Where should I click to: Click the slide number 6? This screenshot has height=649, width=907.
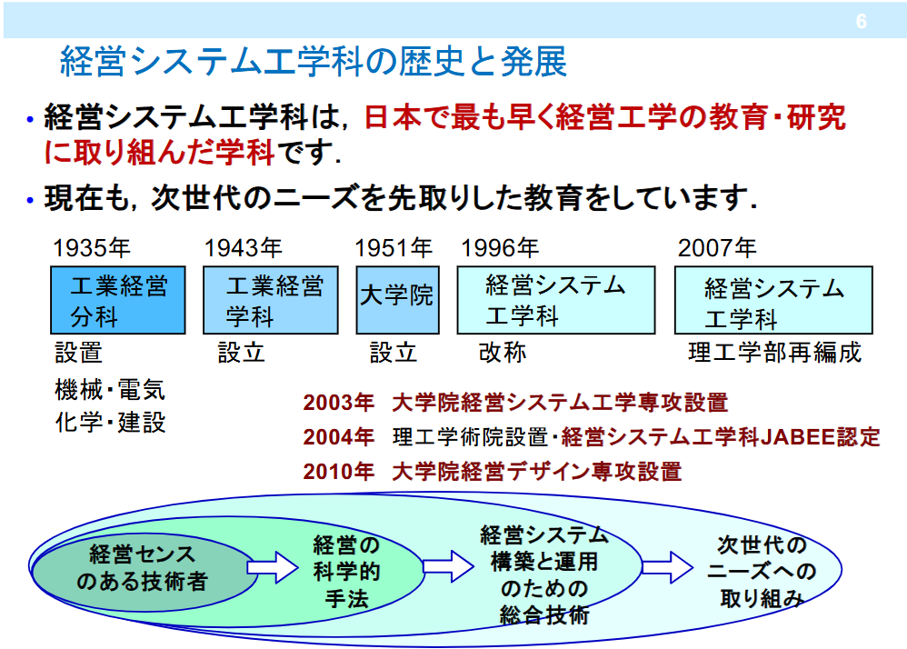click(x=861, y=22)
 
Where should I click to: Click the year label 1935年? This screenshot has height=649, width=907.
click(x=91, y=247)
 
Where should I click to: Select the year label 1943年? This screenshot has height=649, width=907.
click(x=244, y=247)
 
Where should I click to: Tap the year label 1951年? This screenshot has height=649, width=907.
click(x=394, y=247)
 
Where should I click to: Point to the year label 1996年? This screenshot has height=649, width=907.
click(x=500, y=247)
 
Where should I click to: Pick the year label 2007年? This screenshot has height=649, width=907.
click(x=717, y=247)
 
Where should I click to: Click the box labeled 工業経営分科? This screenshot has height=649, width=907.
click(x=115, y=301)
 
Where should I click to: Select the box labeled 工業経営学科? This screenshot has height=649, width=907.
click(x=269, y=301)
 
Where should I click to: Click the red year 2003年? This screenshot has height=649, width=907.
click(x=338, y=403)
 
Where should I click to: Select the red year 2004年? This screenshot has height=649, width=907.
click(x=338, y=437)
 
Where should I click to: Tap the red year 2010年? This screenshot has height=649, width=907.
click(x=338, y=471)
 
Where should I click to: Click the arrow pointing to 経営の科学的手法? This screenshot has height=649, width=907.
click(x=273, y=568)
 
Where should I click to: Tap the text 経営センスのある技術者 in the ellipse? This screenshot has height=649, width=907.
click(x=142, y=568)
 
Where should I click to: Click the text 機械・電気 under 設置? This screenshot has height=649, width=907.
click(x=110, y=391)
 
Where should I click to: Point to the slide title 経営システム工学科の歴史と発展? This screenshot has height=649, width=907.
click(x=314, y=62)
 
